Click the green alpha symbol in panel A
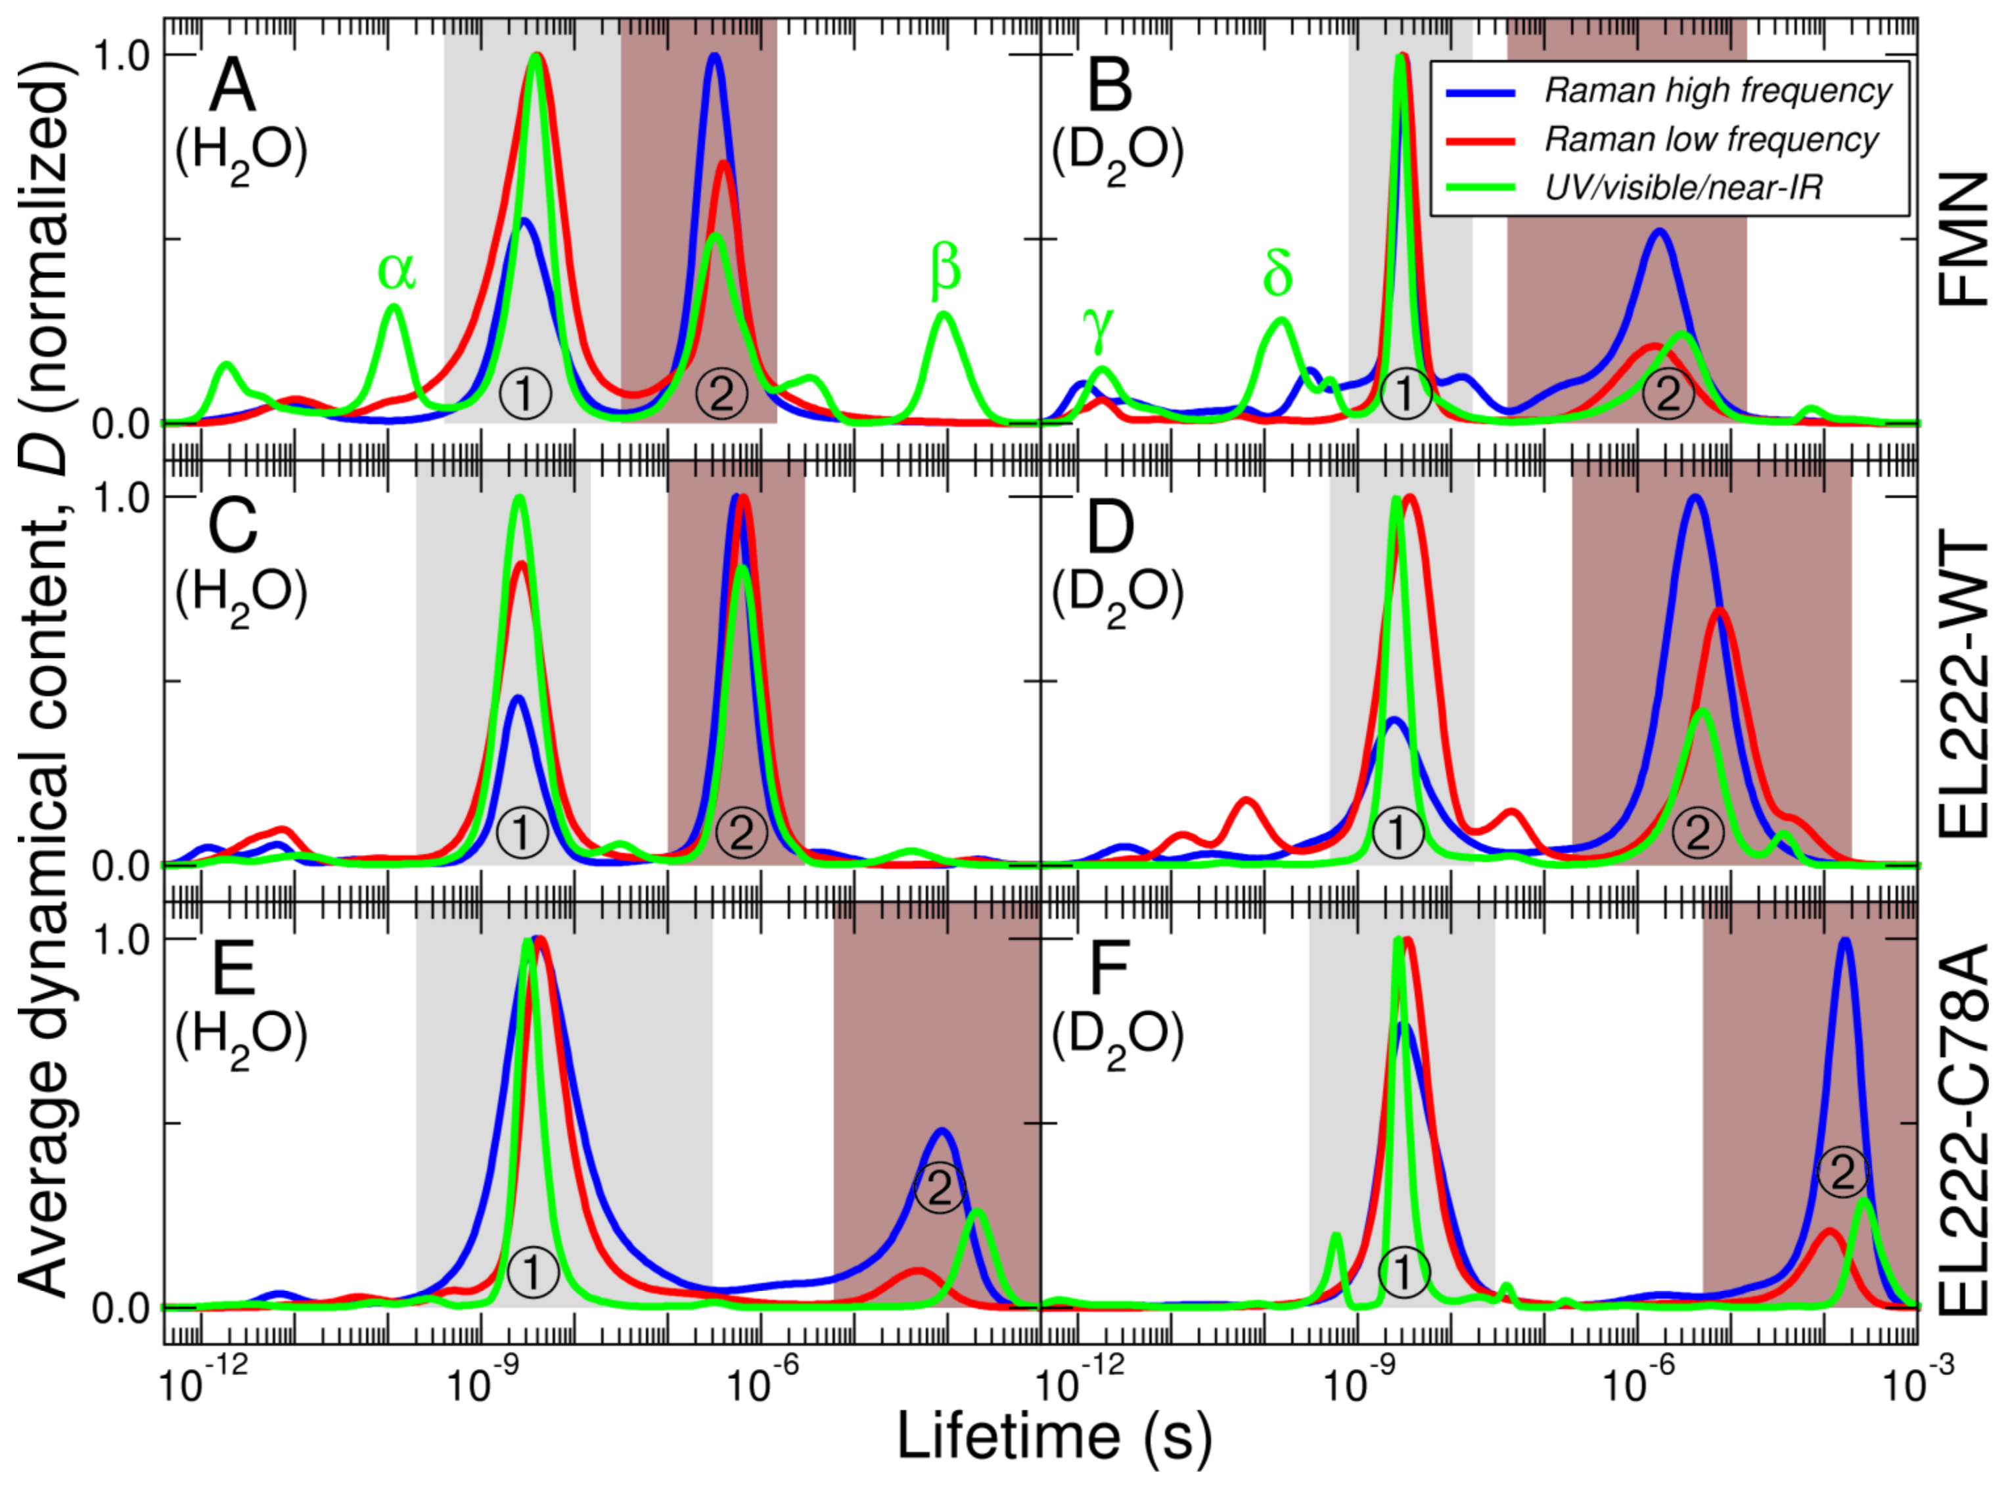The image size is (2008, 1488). [x=396, y=270]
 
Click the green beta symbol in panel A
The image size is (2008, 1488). [x=945, y=270]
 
